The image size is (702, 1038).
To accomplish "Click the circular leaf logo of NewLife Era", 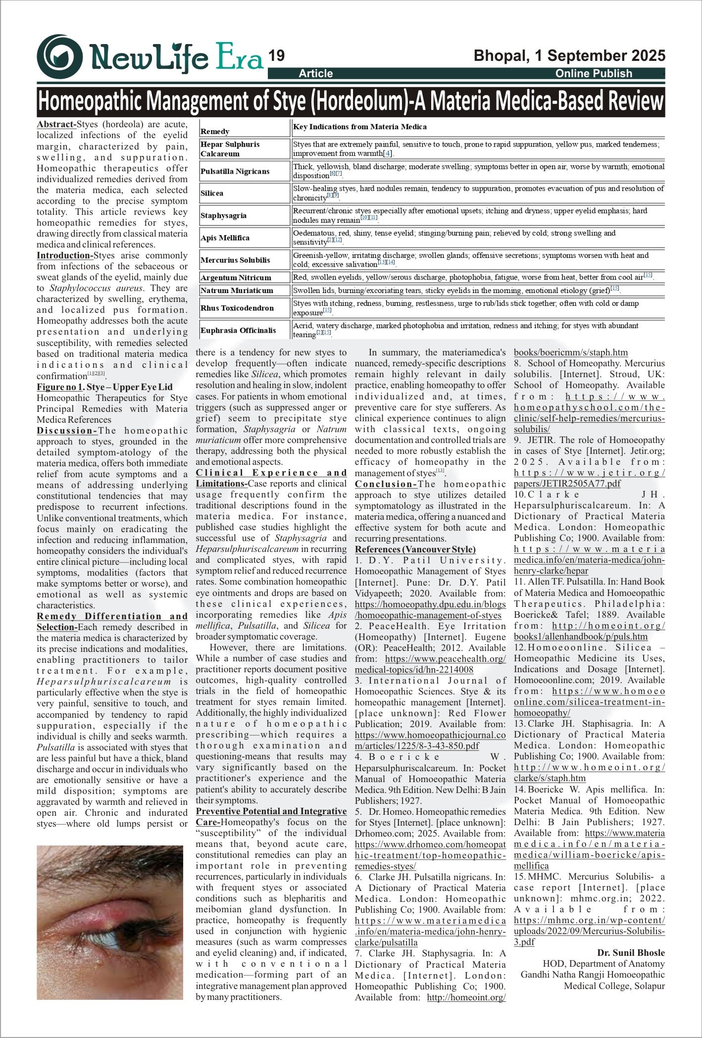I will tap(60, 56).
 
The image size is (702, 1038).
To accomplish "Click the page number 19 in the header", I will tap(277, 56).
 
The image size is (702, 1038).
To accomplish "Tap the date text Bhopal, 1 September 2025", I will tap(569, 55).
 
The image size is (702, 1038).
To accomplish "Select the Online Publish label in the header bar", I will tap(594, 74).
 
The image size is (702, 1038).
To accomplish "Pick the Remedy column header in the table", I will tap(215, 132).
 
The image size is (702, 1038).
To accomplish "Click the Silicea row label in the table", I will tap(212, 193).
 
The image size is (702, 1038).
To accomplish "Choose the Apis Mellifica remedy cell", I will tap(225, 238).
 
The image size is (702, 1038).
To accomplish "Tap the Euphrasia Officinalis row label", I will tap(238, 330).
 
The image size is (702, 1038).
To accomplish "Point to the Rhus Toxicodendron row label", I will tap(237, 308).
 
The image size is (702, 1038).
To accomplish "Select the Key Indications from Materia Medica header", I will tap(360, 127).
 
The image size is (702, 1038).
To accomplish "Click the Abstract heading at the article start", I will tap(56, 124).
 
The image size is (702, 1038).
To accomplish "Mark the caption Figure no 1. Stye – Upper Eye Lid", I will tap(104, 387).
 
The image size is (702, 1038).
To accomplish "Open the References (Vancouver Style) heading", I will tap(415, 549).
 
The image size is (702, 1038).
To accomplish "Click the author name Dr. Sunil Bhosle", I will tap(631, 953).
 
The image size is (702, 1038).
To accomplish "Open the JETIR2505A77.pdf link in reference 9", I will tap(567, 484).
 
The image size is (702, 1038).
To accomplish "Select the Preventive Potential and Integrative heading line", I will tap(271, 811).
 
